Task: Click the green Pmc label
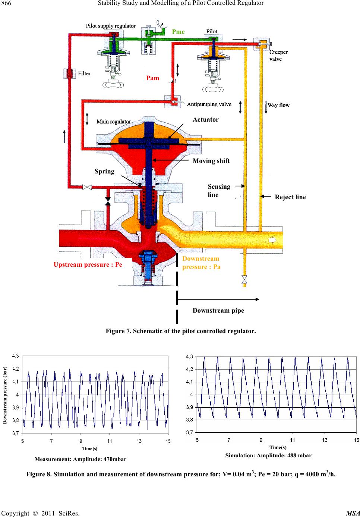coord(179,32)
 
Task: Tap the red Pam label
coord(153,78)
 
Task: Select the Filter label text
coord(84,73)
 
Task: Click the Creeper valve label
coord(278,56)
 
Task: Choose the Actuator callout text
coord(206,119)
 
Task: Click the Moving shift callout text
coord(211,161)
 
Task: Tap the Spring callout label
coord(104,171)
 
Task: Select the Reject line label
coord(290,197)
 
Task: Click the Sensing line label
coord(219,190)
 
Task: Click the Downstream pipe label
coord(218,310)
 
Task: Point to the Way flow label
coord(279,105)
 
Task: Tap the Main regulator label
coord(114,121)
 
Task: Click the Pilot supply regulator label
coord(111,26)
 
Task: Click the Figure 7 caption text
coord(181,331)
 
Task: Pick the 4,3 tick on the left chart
coord(16,356)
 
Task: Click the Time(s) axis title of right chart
coord(278,447)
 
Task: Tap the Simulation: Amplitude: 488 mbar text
coord(268,455)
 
